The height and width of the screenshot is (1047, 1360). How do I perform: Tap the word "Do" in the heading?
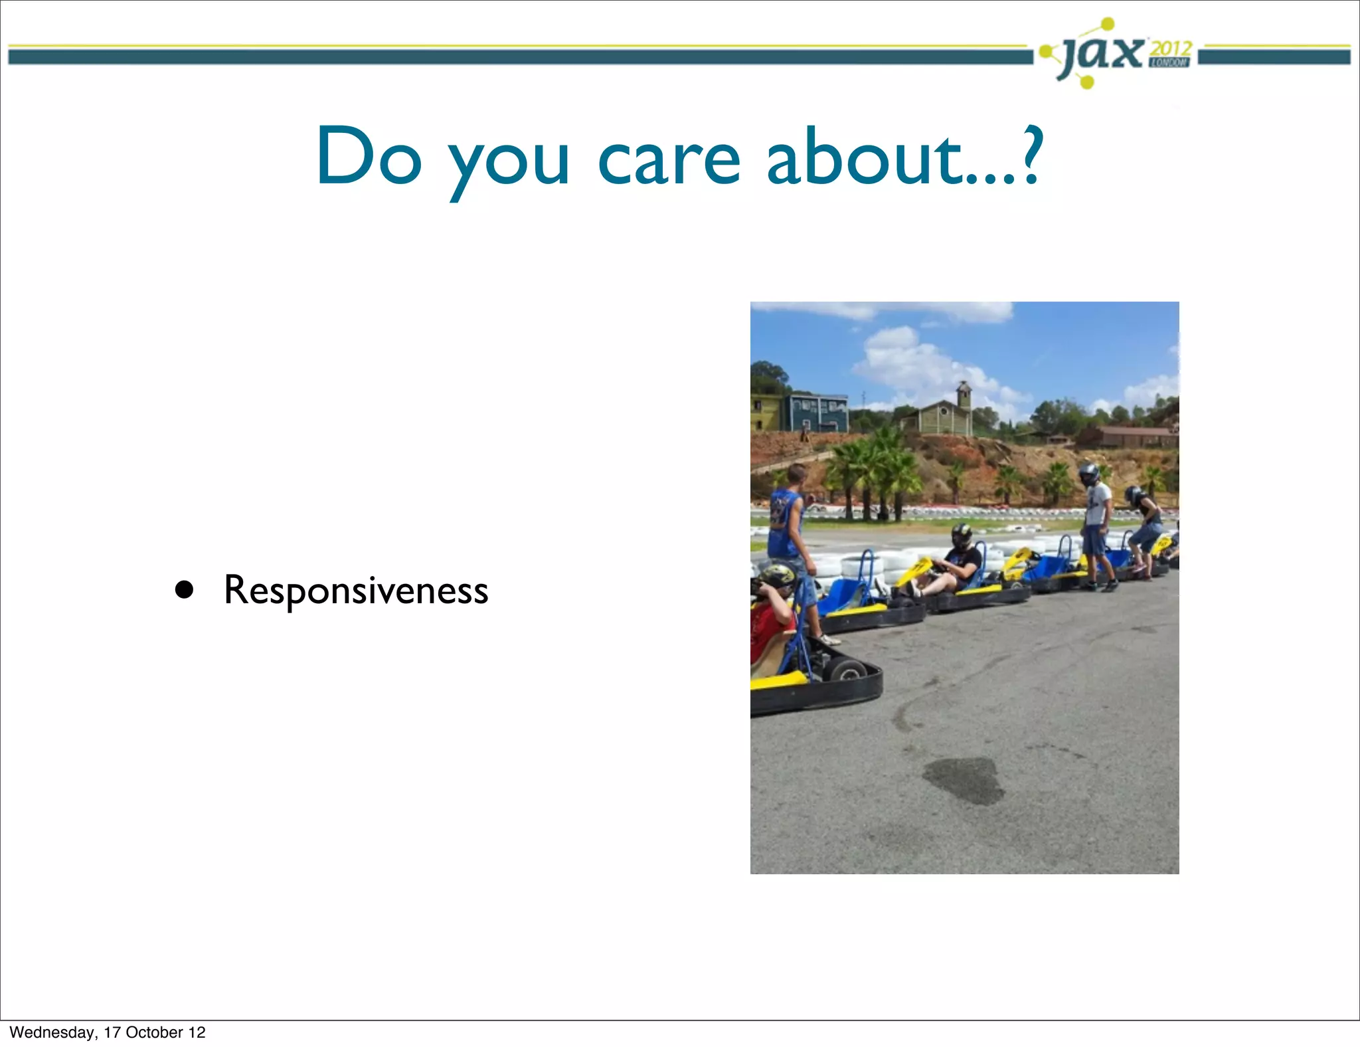(369, 157)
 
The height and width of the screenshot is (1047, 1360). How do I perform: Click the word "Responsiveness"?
(356, 591)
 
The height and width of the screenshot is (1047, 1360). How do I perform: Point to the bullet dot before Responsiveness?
(184, 590)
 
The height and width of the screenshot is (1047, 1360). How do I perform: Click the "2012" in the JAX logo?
(1170, 48)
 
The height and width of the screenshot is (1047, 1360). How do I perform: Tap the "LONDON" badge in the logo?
(1169, 62)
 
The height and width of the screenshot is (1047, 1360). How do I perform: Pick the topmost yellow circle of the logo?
(1107, 25)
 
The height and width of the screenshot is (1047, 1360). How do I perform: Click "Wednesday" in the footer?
(52, 1032)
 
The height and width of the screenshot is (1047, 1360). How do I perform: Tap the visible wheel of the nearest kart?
(847, 670)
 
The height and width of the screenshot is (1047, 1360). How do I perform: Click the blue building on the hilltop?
(818, 412)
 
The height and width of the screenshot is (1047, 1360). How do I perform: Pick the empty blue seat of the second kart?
(842, 593)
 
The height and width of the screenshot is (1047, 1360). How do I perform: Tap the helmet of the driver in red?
(776, 576)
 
